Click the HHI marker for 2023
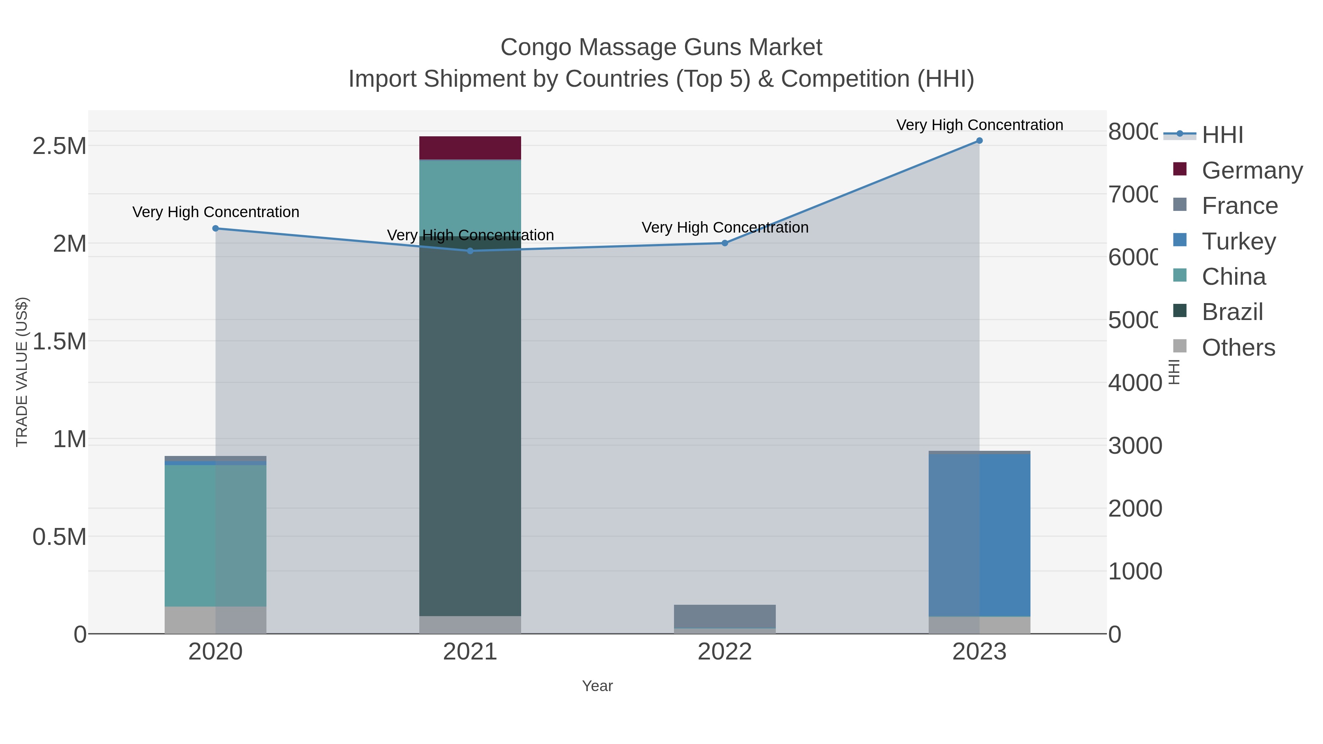(x=979, y=141)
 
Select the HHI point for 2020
(x=216, y=229)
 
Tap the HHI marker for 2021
(x=470, y=251)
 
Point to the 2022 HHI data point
(x=725, y=243)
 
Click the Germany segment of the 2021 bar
(x=470, y=148)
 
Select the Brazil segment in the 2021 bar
(x=470, y=426)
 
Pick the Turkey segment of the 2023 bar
(x=979, y=534)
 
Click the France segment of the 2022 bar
(x=725, y=616)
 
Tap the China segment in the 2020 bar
(x=216, y=534)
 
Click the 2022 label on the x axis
(x=725, y=651)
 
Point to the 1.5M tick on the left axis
(x=60, y=341)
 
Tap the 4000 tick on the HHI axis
(x=1134, y=382)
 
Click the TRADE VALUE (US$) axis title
(x=22, y=372)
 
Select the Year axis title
(x=597, y=686)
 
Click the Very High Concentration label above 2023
(x=979, y=125)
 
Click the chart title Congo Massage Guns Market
(x=661, y=47)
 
